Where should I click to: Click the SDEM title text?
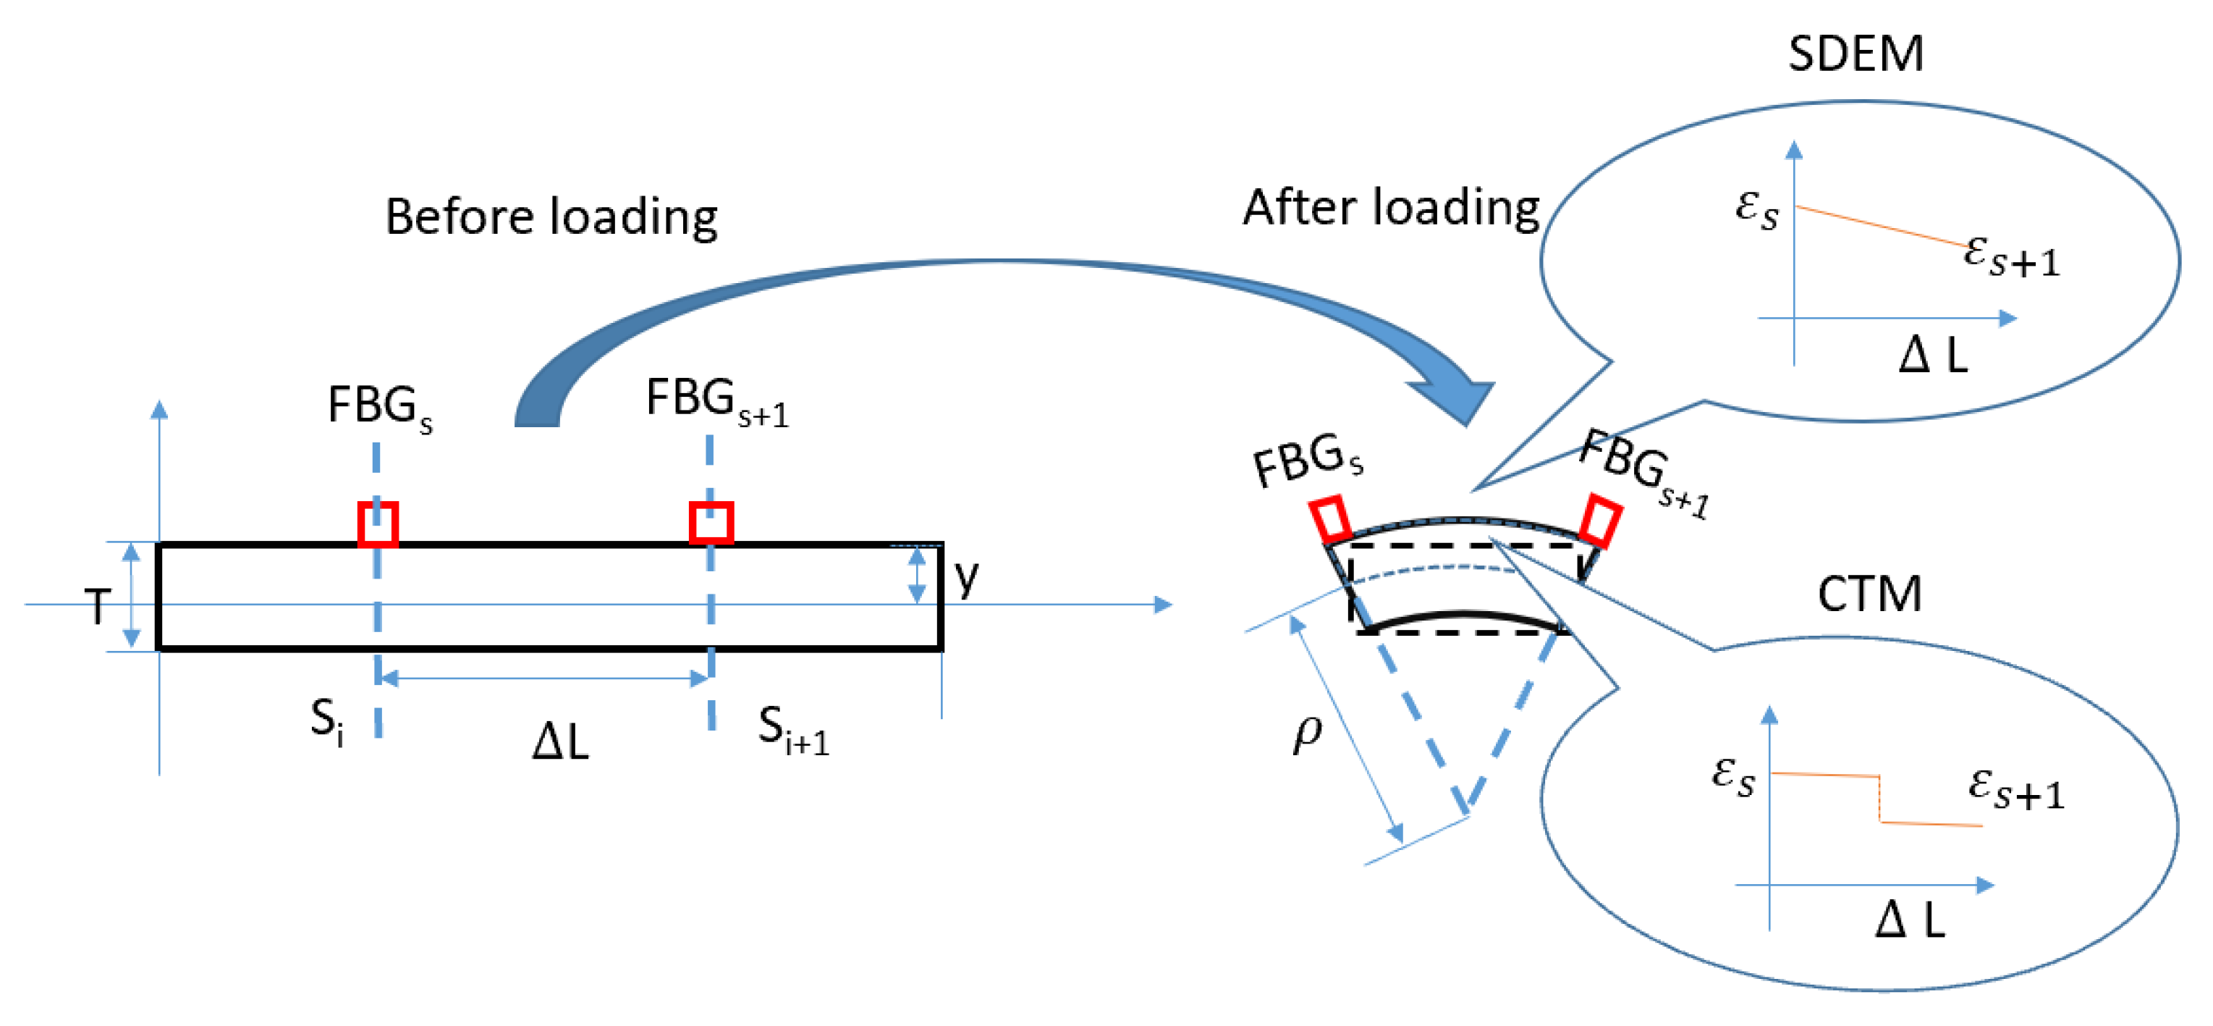(1855, 54)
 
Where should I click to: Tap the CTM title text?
(1869, 594)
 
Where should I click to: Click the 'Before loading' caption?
(551, 216)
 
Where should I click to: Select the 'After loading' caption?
(1391, 208)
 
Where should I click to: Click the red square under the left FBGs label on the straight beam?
(378, 523)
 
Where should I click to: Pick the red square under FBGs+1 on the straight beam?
(711, 523)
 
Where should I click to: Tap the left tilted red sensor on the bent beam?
(1331, 519)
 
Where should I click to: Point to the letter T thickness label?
(97, 607)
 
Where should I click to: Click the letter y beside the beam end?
(967, 578)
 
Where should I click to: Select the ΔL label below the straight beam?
(560, 741)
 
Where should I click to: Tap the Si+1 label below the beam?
(792, 730)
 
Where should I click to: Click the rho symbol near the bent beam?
(1308, 732)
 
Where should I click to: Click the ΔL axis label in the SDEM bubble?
(1933, 354)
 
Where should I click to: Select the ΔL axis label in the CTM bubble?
(1909, 920)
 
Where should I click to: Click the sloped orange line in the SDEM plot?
(1882, 226)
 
